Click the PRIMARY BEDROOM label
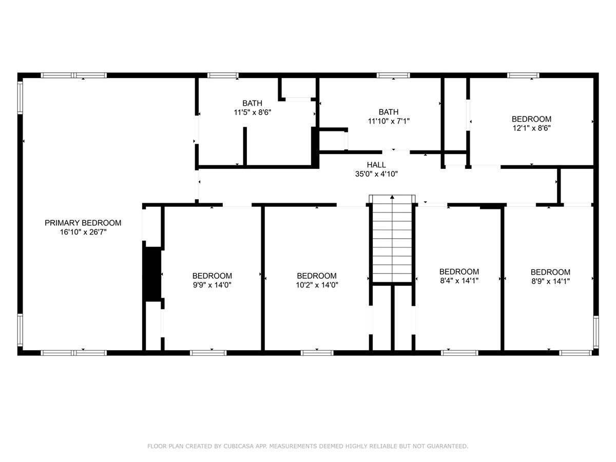83,223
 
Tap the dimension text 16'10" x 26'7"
83,232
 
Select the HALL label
376,165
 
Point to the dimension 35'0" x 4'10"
376,174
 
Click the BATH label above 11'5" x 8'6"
252,103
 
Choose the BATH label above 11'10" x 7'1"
389,112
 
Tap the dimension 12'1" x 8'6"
531,128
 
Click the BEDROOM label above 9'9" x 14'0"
212,276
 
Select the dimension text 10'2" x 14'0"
317,285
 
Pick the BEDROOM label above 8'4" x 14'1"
459,272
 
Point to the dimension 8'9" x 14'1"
550,281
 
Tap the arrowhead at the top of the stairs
392,197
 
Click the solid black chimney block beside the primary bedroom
152,274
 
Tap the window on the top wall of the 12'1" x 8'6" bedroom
523,75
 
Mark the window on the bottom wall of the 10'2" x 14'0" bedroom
317,353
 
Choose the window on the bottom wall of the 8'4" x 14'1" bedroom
459,353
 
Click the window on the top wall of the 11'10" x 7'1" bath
393,75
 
